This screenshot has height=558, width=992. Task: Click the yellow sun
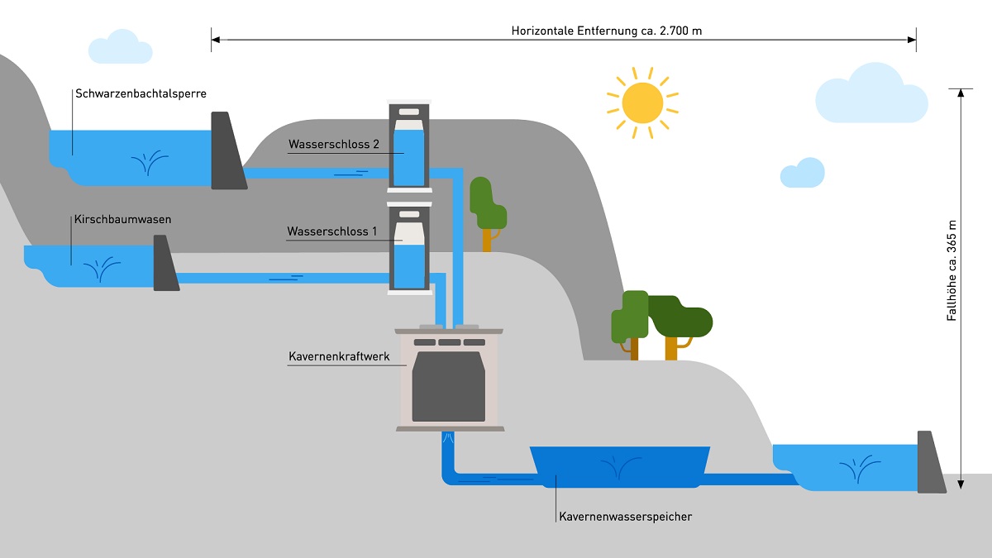tap(642, 103)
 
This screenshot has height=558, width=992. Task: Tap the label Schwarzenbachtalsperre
tap(141, 94)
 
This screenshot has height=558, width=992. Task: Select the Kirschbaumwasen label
tap(122, 220)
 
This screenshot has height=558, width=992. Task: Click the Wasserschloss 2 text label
tap(333, 145)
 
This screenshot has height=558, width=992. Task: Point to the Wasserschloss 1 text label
tap(331, 231)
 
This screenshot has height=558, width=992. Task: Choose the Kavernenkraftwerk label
tap(339, 357)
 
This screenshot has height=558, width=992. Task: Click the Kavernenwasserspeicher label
tap(625, 517)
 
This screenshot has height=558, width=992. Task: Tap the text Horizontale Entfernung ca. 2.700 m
tap(607, 31)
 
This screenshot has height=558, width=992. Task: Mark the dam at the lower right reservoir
tap(930, 464)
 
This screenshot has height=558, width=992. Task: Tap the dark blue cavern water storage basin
tap(620, 467)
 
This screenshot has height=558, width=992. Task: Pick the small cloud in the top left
tap(121, 48)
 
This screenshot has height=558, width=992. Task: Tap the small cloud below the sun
tap(802, 174)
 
